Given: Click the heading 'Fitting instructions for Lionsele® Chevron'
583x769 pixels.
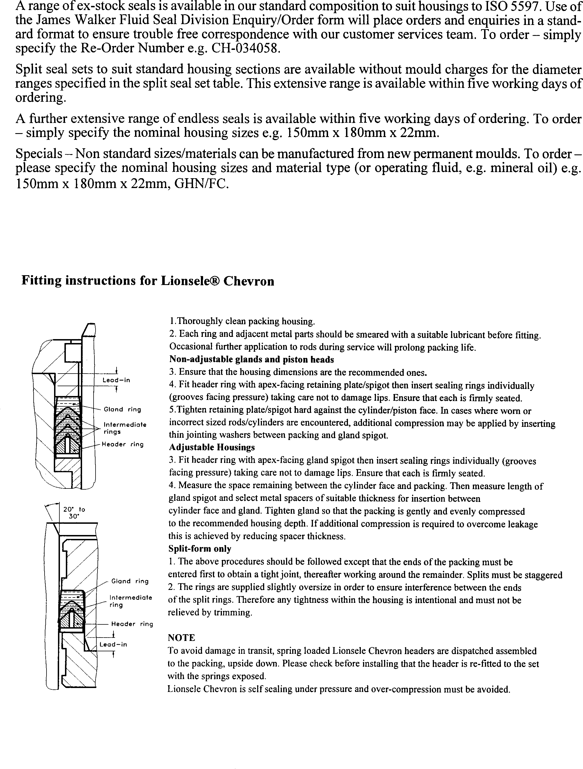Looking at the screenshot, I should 148,281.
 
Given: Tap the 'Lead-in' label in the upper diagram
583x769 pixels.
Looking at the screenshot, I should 116,380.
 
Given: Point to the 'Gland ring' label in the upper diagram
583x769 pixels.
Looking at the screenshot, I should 122,409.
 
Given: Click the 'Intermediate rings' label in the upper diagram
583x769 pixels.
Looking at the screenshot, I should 125,428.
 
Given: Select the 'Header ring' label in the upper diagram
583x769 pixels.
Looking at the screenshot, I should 122,444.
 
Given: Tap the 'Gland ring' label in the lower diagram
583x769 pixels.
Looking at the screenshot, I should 130,581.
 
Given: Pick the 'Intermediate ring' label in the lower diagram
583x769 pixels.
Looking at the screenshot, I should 130,601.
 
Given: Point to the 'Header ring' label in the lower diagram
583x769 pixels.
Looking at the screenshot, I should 132,624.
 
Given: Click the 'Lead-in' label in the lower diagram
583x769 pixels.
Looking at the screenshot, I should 113,644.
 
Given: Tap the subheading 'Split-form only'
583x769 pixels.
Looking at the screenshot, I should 199,549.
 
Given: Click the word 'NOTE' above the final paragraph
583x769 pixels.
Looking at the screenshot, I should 181,638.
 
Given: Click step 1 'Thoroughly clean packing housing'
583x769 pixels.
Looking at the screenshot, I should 242,321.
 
